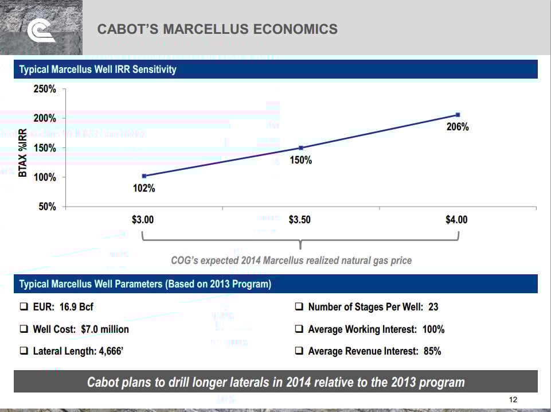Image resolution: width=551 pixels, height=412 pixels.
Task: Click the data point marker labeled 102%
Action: pos(144,176)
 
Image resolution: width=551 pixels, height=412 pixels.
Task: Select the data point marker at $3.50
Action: pos(300,148)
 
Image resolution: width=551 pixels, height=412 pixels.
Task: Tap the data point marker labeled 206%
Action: pos(458,115)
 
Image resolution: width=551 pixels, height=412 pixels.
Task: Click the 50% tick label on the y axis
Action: pos(48,207)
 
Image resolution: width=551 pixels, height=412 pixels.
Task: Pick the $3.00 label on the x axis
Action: pos(143,220)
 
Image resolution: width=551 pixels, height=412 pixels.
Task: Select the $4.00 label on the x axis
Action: pos(457,220)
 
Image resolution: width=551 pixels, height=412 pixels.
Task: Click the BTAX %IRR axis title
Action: pos(24,152)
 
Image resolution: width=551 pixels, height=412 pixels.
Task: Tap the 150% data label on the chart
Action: pos(300,161)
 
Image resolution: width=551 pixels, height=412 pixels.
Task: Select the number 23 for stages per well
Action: pos(433,307)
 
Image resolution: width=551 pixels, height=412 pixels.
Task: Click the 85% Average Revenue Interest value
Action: pos(432,351)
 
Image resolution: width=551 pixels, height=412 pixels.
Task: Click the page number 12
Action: pos(513,400)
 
